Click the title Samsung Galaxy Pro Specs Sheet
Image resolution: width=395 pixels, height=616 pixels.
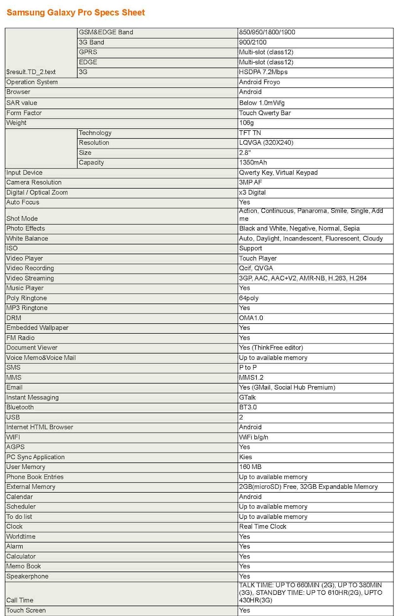pyautogui.click(x=76, y=12)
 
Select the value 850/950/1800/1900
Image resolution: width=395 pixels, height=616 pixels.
pyautogui.click(x=267, y=33)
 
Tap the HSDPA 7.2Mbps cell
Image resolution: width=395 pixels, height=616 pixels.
pyautogui.click(x=263, y=72)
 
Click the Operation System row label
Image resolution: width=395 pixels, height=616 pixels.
pyautogui.click(x=32, y=82)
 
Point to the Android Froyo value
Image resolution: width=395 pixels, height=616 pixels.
pyautogui.click(x=259, y=82)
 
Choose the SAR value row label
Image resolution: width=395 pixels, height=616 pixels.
pyautogui.click(x=22, y=103)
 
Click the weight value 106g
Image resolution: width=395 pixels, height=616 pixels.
pyautogui.click(x=246, y=122)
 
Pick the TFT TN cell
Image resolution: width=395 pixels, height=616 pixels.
pyautogui.click(x=250, y=133)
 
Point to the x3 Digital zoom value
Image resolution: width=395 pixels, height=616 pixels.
pyautogui.click(x=252, y=192)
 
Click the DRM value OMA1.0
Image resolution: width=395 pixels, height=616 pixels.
pyautogui.click(x=251, y=318)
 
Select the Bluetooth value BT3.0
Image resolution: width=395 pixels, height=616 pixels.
pyautogui.click(x=248, y=407)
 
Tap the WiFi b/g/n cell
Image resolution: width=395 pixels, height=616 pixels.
pyautogui.click(x=254, y=437)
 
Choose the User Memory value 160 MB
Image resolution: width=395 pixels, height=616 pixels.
pyautogui.click(x=250, y=467)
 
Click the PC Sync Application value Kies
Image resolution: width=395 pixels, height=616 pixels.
pyautogui.click(x=245, y=457)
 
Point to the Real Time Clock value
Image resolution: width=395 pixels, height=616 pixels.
pyautogui.click(x=263, y=526)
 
